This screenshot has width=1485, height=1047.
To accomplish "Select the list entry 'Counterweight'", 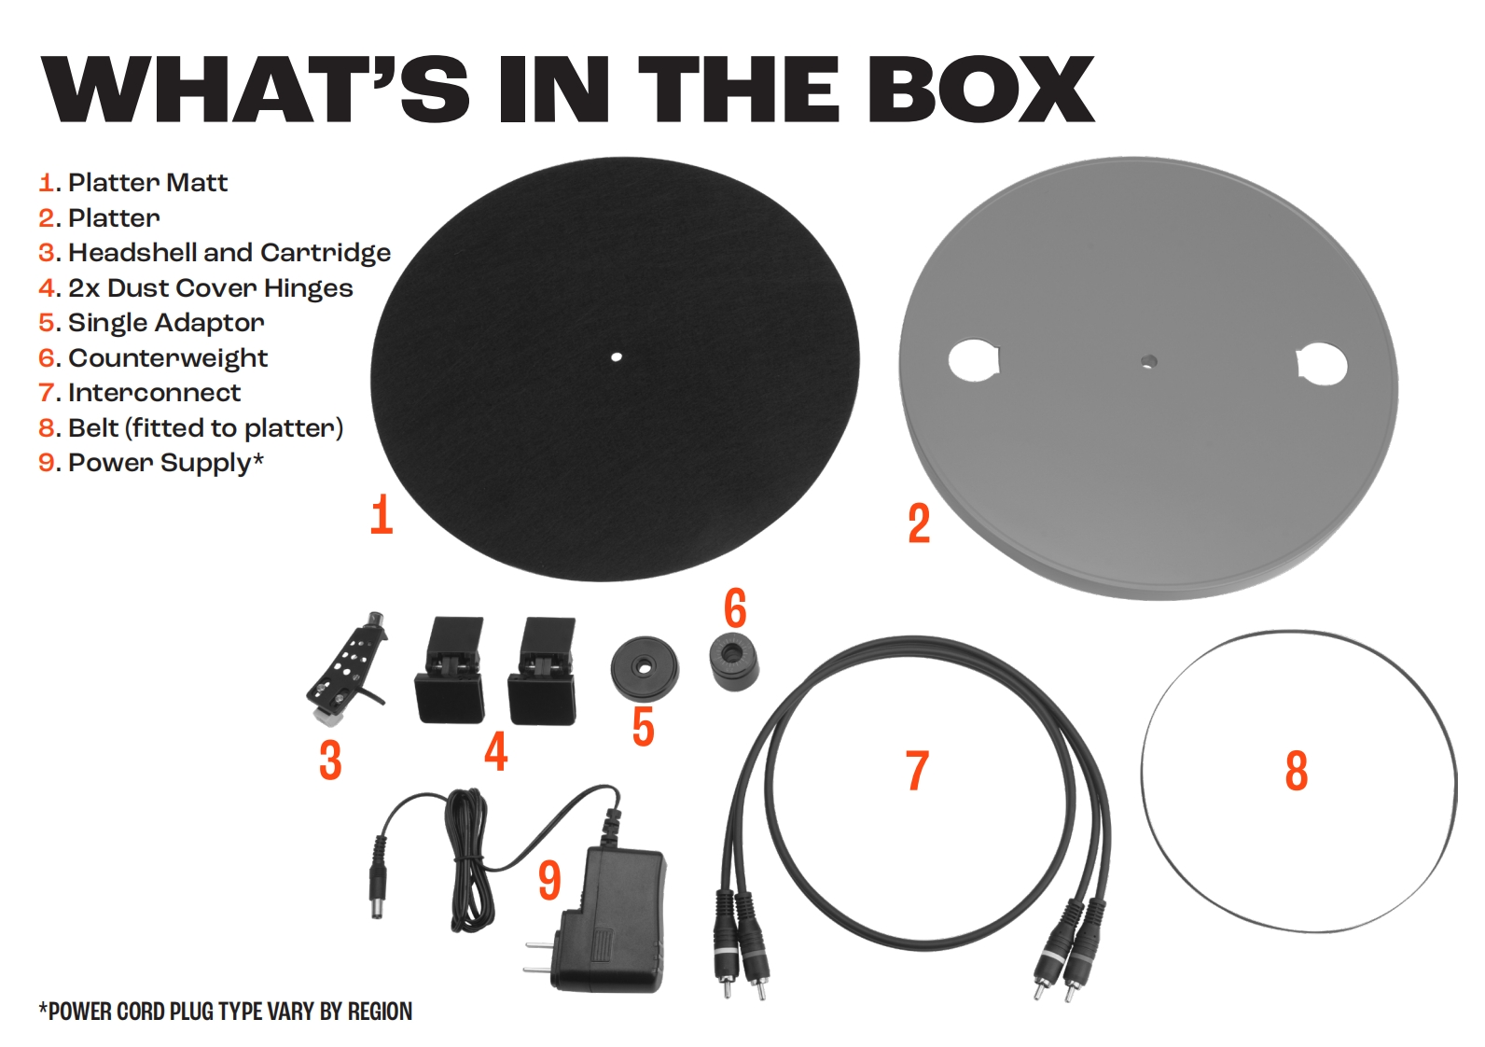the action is [153, 358].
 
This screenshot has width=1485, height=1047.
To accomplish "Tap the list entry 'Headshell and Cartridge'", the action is [215, 253].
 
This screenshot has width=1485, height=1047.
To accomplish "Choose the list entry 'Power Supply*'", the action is [151, 462].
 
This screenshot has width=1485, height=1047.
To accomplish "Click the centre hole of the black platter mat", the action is [616, 357].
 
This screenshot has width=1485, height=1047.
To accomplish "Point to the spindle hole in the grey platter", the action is [1149, 362].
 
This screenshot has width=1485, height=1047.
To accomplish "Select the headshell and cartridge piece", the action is [347, 667].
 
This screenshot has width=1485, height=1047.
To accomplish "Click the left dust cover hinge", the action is [449, 670].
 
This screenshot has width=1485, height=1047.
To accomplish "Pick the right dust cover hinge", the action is [542, 671].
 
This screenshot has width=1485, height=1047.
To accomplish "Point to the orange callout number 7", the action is [917, 770].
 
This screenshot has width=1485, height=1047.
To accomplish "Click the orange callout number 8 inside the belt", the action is [1297, 771].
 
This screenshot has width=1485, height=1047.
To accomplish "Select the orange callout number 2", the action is [919, 523].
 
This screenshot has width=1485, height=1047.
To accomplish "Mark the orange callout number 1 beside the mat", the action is [382, 514].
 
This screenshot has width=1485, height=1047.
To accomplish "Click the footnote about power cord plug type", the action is [226, 1012].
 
